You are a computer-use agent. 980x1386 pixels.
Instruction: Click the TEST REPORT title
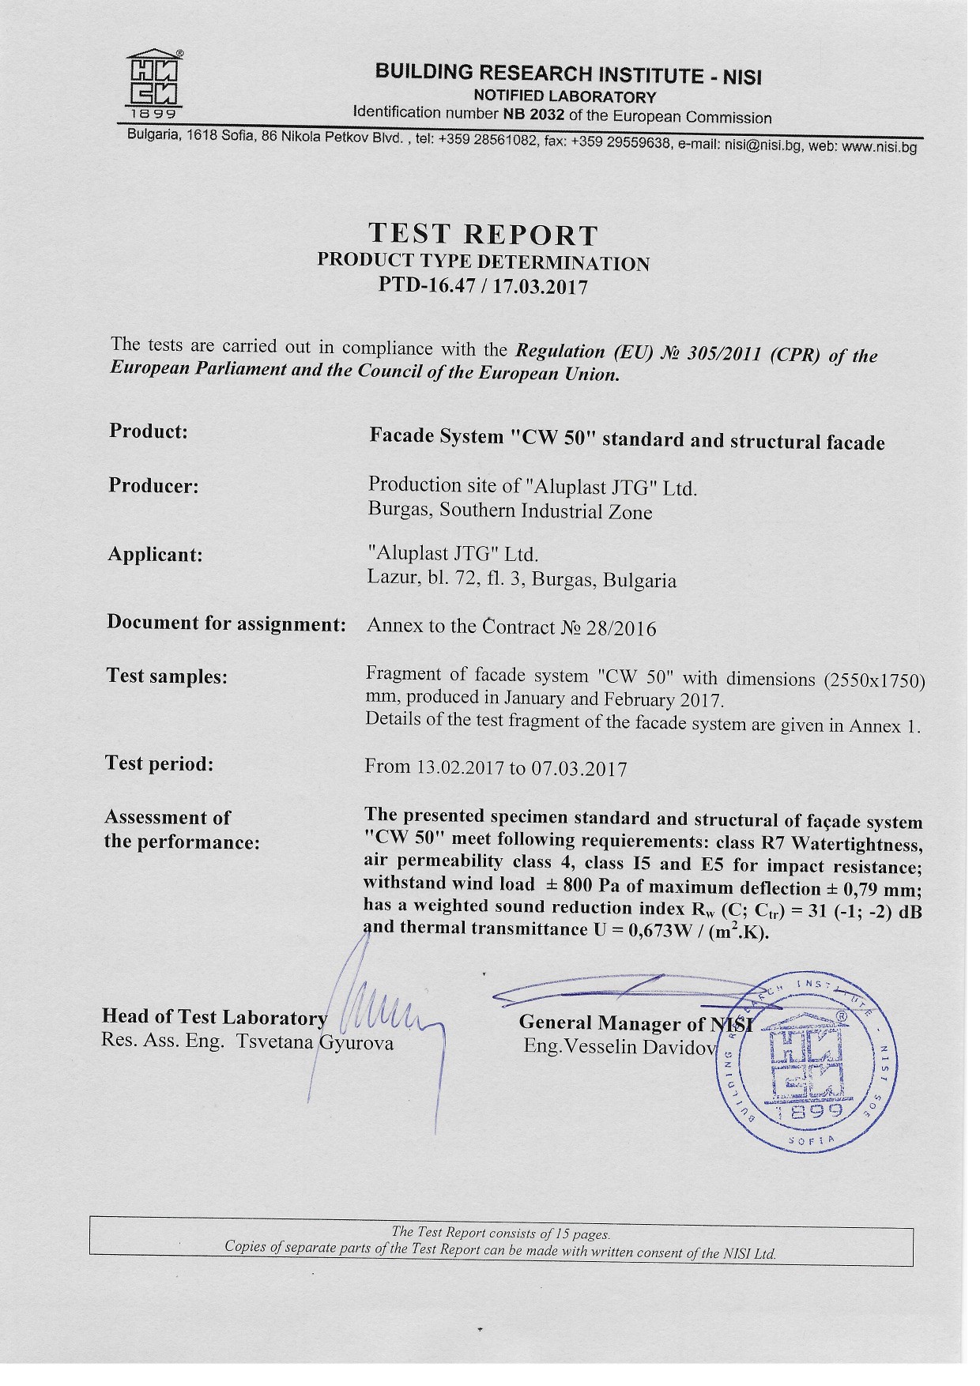(484, 235)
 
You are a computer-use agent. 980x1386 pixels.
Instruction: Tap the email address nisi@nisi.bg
(763, 145)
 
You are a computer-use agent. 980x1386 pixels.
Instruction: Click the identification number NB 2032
(533, 115)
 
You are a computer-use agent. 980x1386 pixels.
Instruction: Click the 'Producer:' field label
(153, 486)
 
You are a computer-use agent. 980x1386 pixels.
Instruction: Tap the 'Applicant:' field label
(155, 555)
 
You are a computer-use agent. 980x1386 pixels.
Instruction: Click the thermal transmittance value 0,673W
(661, 930)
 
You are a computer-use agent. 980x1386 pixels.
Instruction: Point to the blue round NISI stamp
(808, 1060)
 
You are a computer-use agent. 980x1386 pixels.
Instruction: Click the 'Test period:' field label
(159, 764)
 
